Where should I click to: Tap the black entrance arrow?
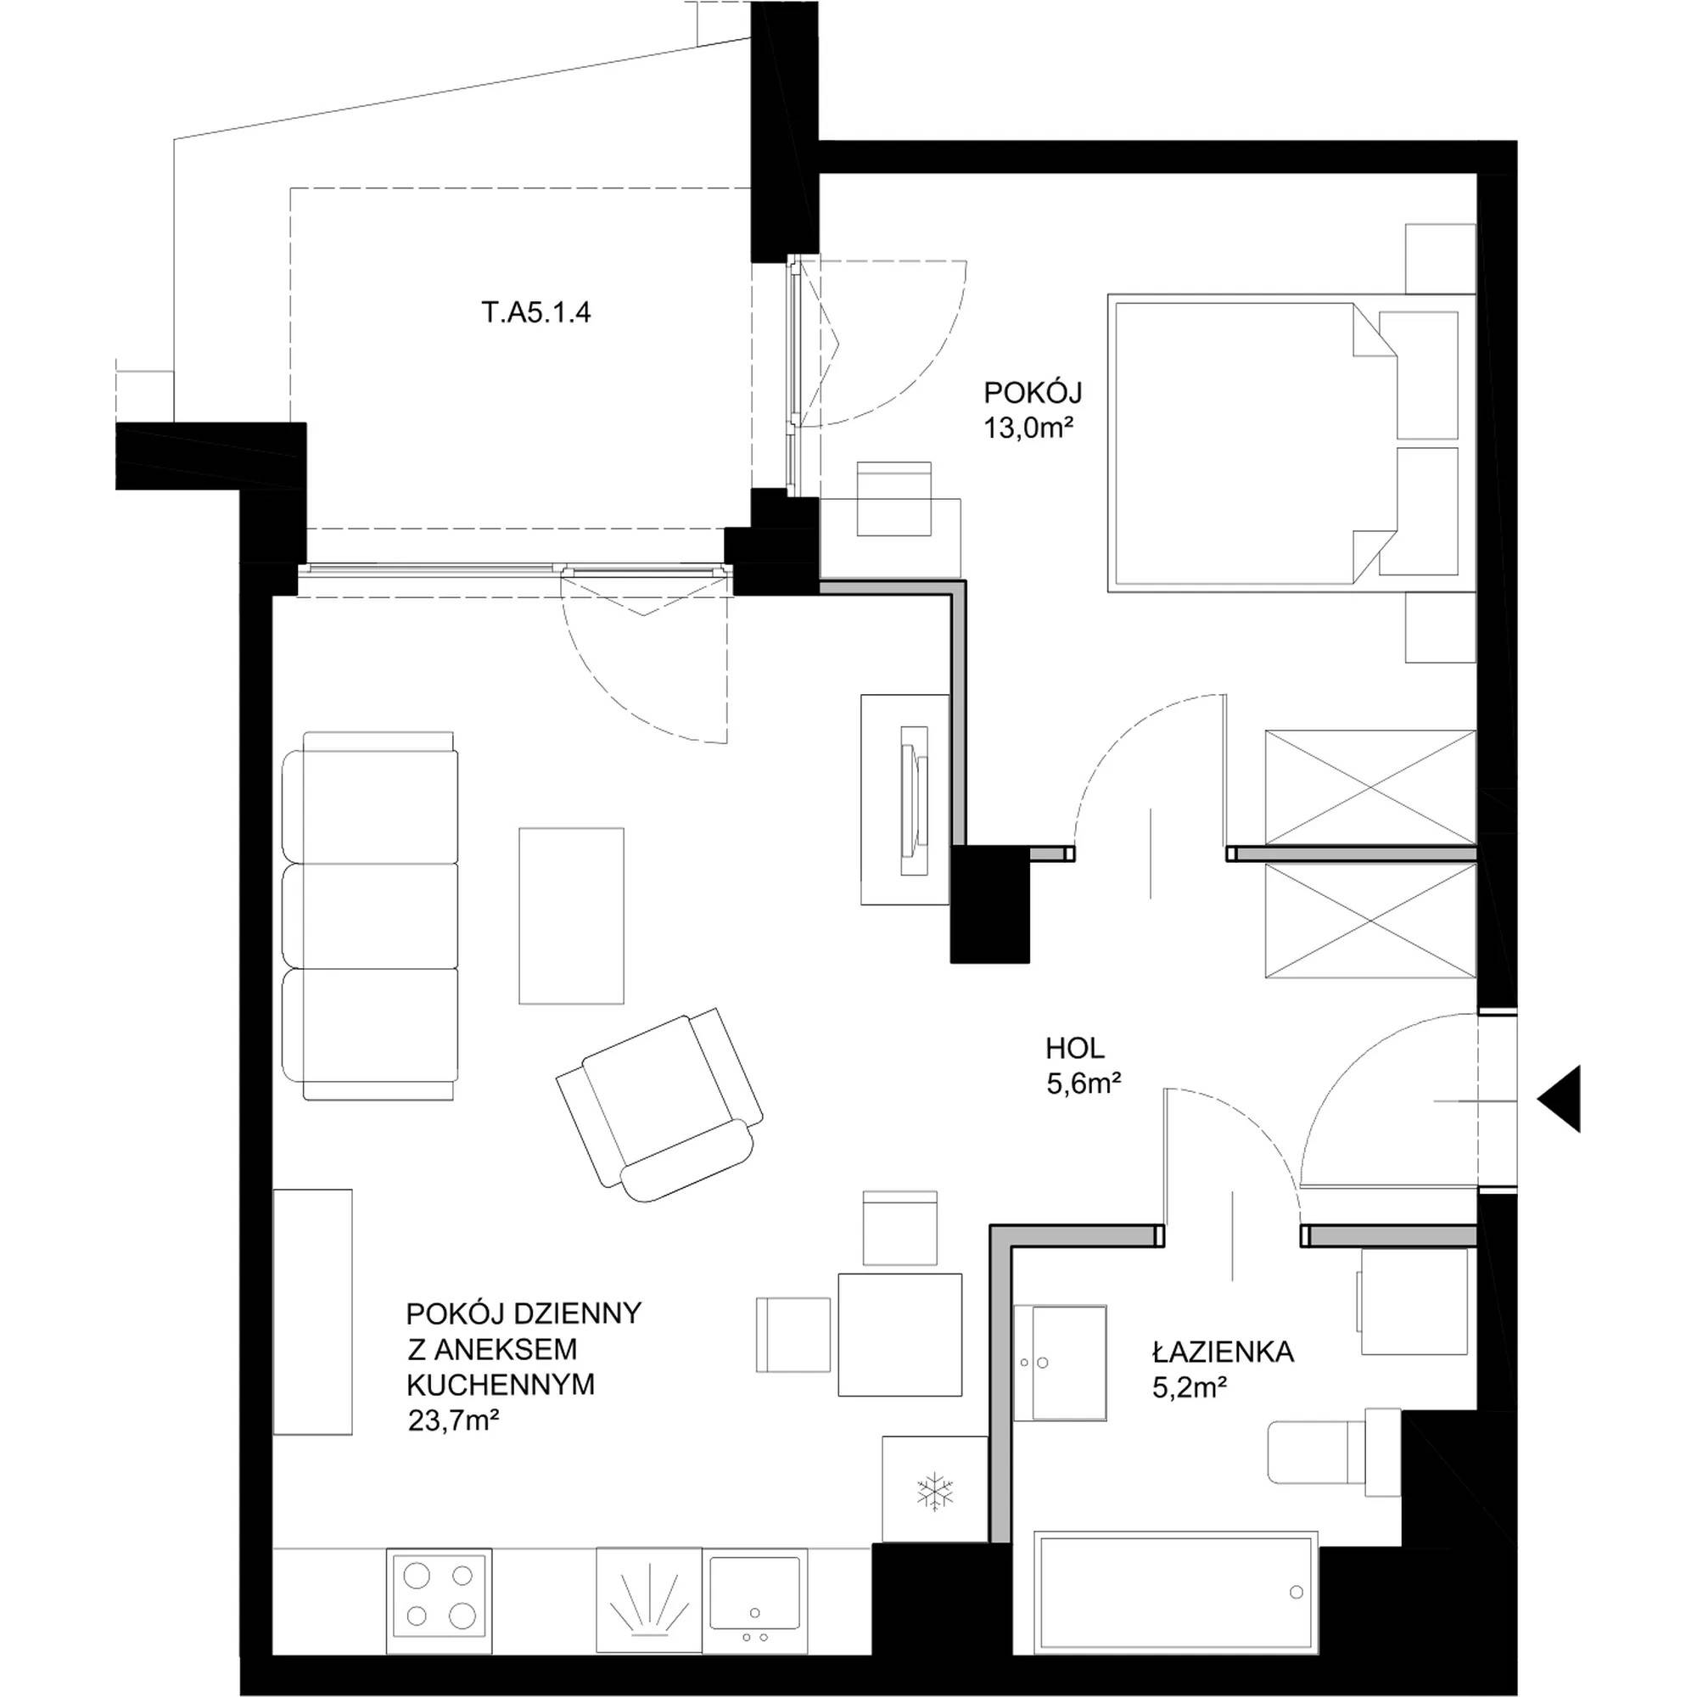1558,1099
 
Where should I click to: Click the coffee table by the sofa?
571,916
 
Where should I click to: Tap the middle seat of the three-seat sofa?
370,916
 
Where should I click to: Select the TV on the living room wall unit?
914,800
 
